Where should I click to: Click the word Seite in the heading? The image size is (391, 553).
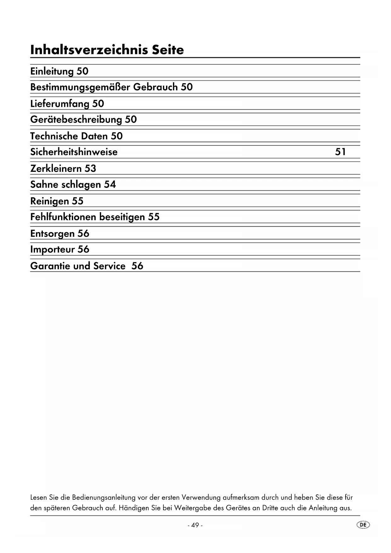pos(168,50)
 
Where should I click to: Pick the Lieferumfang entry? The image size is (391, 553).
pos(60,104)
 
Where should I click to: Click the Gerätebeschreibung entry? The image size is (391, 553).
pos(76,119)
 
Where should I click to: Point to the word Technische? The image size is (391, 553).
pos(54,136)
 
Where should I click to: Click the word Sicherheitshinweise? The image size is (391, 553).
pos(74,152)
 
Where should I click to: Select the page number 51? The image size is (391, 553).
pos(340,152)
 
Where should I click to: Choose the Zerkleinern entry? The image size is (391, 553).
pos(56,168)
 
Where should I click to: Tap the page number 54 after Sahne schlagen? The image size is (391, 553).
pos(110,184)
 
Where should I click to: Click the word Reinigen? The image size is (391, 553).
pos(49,201)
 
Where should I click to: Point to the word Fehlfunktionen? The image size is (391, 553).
pos(63,217)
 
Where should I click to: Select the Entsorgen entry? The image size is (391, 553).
pos(52,234)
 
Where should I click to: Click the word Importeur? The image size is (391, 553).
pos(52,249)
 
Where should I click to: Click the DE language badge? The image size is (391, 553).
pos(363,525)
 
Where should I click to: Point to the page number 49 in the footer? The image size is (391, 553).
pos(195,525)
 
